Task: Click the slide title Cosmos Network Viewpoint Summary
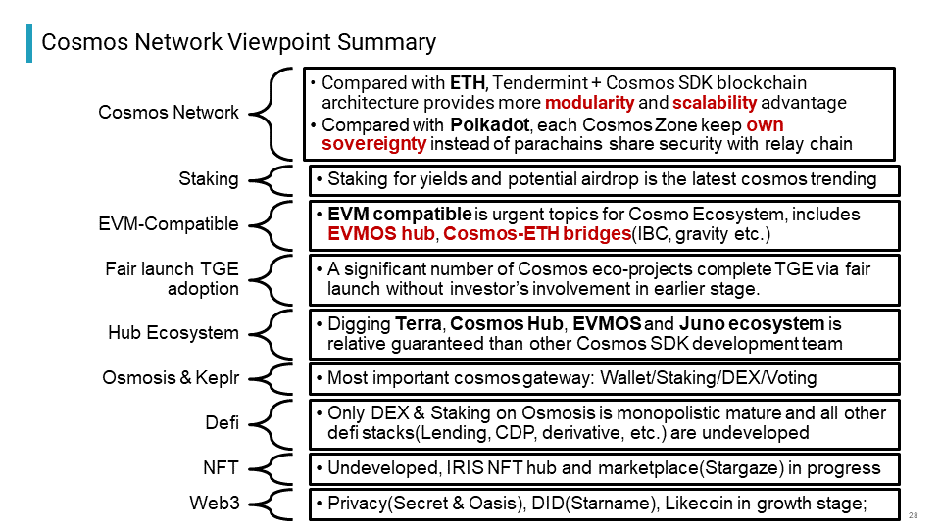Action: click(x=238, y=42)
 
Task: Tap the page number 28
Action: click(x=914, y=515)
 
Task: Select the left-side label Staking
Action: click(x=208, y=178)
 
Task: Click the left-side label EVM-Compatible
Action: click(x=168, y=223)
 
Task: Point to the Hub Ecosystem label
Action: click(x=173, y=332)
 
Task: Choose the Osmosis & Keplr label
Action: click(x=171, y=378)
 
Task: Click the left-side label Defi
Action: click(x=223, y=422)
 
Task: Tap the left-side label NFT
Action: click(x=221, y=467)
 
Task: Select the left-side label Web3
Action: click(x=215, y=503)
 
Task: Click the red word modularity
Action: click(x=589, y=103)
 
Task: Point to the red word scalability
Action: click(x=715, y=103)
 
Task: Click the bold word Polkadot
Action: click(x=490, y=124)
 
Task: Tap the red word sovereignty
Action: click(x=373, y=144)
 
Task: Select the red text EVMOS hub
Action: click(x=381, y=233)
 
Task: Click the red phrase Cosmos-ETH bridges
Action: click(x=537, y=233)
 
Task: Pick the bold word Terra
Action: click(x=419, y=324)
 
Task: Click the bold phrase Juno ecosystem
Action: click(x=752, y=324)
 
